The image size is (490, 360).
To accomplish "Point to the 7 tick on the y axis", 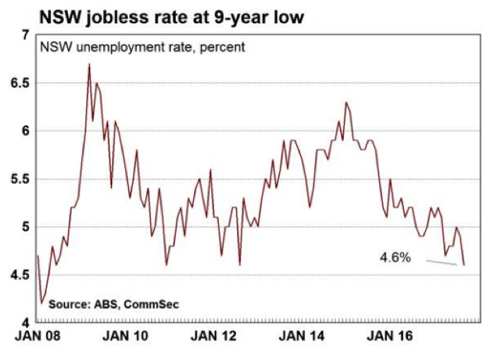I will (24, 35).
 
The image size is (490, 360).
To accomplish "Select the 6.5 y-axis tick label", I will (18, 83).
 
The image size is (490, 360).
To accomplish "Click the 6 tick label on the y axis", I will (24, 131).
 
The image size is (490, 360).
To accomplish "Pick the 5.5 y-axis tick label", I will (18, 179).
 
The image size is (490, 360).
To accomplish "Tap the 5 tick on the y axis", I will (24, 227).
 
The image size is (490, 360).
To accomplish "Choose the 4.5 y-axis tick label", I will (18, 275).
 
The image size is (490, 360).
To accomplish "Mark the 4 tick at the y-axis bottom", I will (24, 323).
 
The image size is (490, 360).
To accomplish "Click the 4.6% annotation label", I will (395, 258).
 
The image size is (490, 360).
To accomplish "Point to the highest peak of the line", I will (89, 64).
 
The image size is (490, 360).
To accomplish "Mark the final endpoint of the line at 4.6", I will (464, 265).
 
